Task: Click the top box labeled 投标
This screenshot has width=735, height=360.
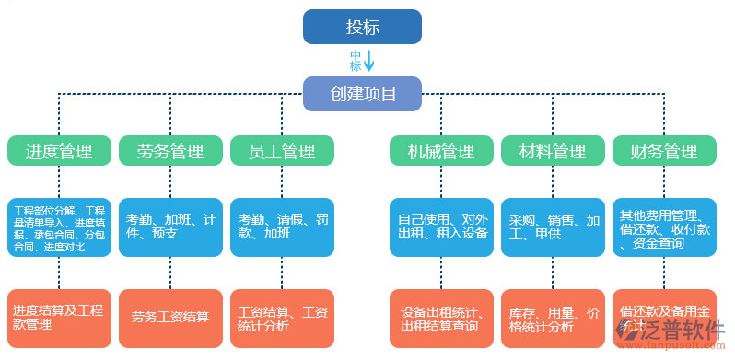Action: [362, 27]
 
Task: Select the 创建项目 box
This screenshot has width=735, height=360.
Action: [362, 93]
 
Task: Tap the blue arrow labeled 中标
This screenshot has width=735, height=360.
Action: [368, 61]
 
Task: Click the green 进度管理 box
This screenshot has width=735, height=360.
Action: [59, 151]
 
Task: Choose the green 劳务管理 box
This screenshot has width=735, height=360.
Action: [170, 151]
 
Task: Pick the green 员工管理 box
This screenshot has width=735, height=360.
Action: [282, 151]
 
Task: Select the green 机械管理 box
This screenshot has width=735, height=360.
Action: [441, 151]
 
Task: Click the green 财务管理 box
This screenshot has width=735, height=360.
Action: [664, 151]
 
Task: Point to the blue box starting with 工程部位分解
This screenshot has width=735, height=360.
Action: [59, 227]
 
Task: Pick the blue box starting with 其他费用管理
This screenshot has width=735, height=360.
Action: [664, 227]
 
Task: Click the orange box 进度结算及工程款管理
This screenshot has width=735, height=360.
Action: [59, 318]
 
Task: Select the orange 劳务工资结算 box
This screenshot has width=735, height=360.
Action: [170, 318]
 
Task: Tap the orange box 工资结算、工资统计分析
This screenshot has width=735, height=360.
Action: [282, 318]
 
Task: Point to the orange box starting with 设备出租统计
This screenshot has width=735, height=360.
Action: [441, 318]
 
